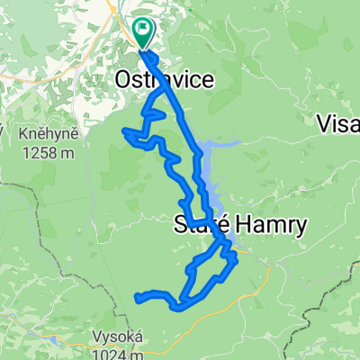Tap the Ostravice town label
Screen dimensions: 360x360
(x=165, y=81)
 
